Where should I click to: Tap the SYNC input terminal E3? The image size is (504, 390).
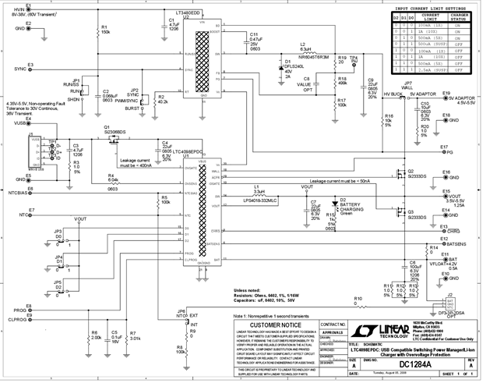click(x=30, y=69)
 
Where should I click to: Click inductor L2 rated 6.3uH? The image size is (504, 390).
click(x=304, y=50)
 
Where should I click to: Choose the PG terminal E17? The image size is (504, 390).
click(x=441, y=153)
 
